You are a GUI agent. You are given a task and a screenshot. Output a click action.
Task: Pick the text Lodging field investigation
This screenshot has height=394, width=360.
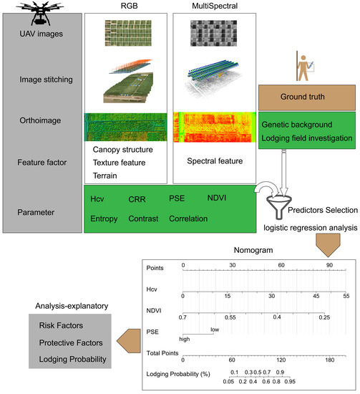306,138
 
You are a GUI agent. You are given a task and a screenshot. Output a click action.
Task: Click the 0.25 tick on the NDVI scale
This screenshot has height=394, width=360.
324,316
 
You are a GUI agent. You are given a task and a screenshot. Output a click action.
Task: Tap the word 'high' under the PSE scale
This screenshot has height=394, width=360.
185,339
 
